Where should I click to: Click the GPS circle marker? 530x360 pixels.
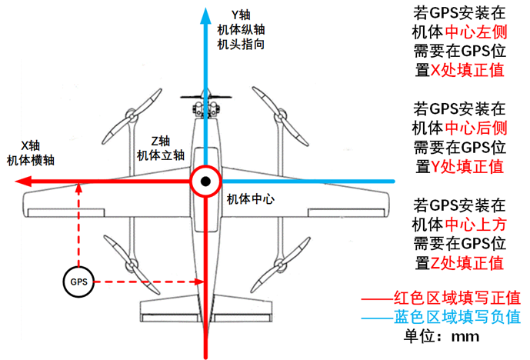tap(78, 282)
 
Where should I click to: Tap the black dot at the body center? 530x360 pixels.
tap(205, 182)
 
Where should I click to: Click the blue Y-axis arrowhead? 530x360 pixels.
tap(205, 16)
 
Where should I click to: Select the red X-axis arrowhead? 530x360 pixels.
tap(23, 182)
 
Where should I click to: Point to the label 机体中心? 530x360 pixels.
tap(251, 199)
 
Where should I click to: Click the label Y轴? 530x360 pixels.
tap(241, 15)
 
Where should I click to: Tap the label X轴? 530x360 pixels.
tap(31, 145)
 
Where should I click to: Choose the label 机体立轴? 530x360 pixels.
tap(161, 155)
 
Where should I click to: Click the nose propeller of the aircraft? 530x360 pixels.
tap(206, 97)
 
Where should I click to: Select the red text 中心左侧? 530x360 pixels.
tap(476, 32)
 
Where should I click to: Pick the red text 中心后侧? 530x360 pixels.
tap(476, 128)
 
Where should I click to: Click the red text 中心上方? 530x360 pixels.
tap(475, 225)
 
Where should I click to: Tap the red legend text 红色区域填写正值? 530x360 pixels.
tap(457, 298)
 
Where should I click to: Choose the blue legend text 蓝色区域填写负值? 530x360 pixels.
tap(457, 317)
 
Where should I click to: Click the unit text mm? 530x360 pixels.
tap(465, 337)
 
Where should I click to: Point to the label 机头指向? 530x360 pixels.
tap(241, 45)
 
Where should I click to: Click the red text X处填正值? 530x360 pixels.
tap(467, 70)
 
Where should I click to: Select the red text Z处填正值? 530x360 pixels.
tap(467, 263)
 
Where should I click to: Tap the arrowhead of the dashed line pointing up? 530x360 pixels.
tap(78, 188)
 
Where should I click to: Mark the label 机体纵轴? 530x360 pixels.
tap(241, 30)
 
